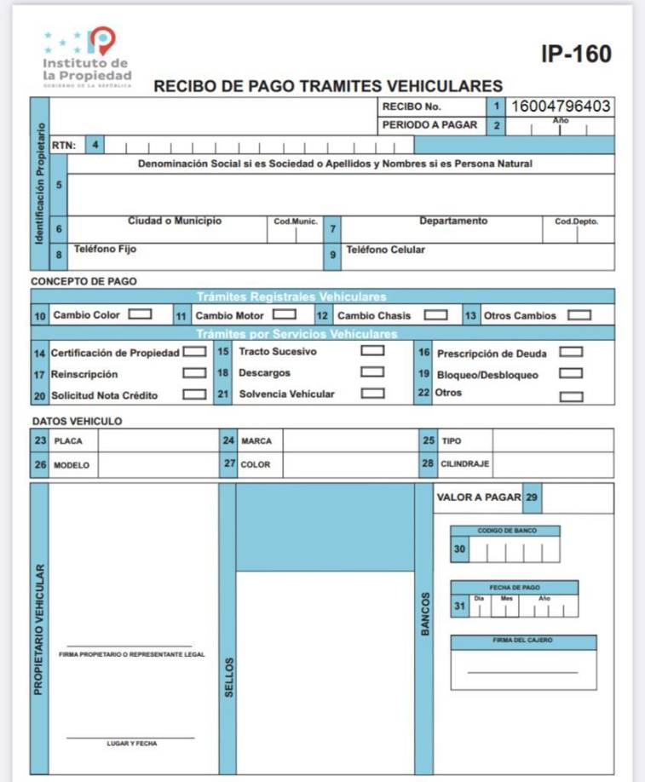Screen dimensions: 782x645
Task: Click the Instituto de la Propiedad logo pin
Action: (x=101, y=40)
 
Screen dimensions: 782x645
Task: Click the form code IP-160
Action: (x=576, y=55)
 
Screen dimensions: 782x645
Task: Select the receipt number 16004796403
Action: (x=560, y=106)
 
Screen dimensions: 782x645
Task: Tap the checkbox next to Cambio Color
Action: (x=140, y=314)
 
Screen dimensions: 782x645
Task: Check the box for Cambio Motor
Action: (x=284, y=314)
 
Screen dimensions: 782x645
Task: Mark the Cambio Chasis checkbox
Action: (x=435, y=314)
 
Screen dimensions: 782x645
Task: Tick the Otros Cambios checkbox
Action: (x=579, y=314)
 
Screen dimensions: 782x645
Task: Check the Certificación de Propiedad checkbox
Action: (x=194, y=351)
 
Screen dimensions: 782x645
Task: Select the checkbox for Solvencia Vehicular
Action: (x=372, y=394)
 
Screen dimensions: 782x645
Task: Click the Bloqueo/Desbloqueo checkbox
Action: (x=571, y=373)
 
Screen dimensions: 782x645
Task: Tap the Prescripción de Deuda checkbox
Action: (x=571, y=351)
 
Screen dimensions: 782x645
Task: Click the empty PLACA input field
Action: (x=158, y=441)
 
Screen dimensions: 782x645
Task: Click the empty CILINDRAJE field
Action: (x=552, y=465)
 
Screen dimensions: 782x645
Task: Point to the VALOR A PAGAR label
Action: (x=478, y=497)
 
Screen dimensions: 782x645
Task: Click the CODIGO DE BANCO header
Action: (x=505, y=531)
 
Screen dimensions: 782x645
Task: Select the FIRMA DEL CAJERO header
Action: (x=522, y=641)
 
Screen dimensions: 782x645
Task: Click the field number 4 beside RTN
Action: (x=95, y=145)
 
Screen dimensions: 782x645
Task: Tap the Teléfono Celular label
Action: (x=385, y=250)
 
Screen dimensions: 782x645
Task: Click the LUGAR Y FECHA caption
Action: (x=131, y=744)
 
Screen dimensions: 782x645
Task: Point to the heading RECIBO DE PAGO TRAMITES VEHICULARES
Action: (x=328, y=86)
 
